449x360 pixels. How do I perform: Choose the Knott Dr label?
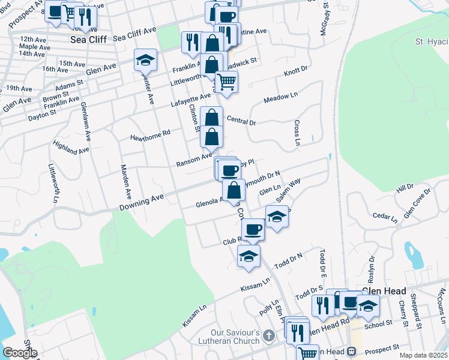click(x=295, y=72)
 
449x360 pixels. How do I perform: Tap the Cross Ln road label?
click(x=297, y=133)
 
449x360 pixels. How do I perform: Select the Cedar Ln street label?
click(x=385, y=216)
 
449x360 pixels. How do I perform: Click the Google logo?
click(x=20, y=352)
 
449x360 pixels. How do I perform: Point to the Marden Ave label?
click(x=126, y=182)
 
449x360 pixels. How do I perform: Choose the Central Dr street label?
click(x=241, y=122)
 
